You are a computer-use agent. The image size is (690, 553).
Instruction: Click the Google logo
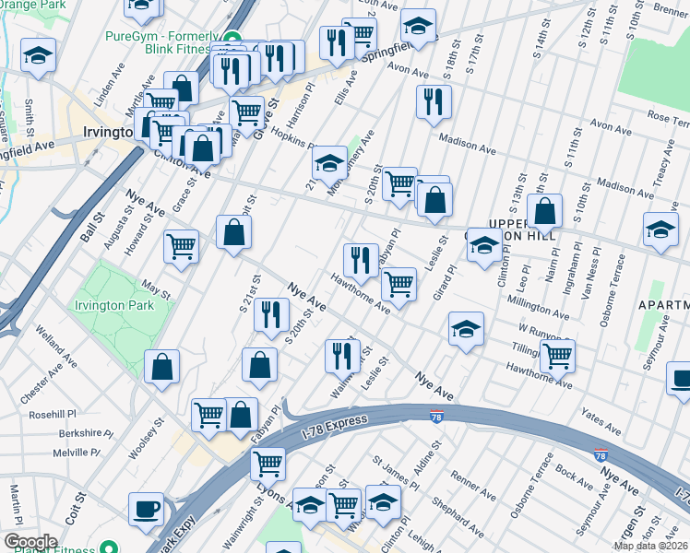(30, 541)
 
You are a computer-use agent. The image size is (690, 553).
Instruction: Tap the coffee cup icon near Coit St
(147, 509)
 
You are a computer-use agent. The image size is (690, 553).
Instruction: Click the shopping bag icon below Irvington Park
(162, 367)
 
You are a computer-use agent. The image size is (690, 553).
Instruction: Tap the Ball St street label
(89, 225)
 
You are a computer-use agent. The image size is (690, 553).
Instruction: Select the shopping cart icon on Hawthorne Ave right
(557, 355)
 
